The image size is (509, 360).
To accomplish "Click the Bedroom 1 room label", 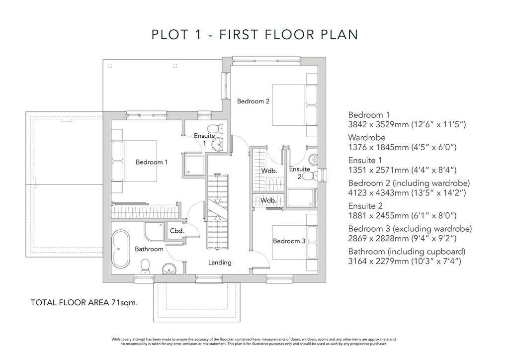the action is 152,162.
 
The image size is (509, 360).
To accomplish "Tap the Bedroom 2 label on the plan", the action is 253,101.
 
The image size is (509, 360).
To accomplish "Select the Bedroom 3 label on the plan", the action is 289,241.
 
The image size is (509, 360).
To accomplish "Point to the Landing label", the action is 220,262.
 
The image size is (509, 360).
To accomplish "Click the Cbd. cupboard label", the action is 177,231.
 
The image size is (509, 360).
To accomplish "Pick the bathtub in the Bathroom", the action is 120,249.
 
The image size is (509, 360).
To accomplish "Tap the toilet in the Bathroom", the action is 145,267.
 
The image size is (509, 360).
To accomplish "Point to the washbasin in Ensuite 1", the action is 218,144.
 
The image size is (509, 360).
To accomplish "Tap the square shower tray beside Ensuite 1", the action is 194,166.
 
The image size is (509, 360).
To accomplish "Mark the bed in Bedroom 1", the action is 134,161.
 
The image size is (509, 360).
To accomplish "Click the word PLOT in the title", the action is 170,34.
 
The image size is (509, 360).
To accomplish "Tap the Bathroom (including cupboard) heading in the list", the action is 407,252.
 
